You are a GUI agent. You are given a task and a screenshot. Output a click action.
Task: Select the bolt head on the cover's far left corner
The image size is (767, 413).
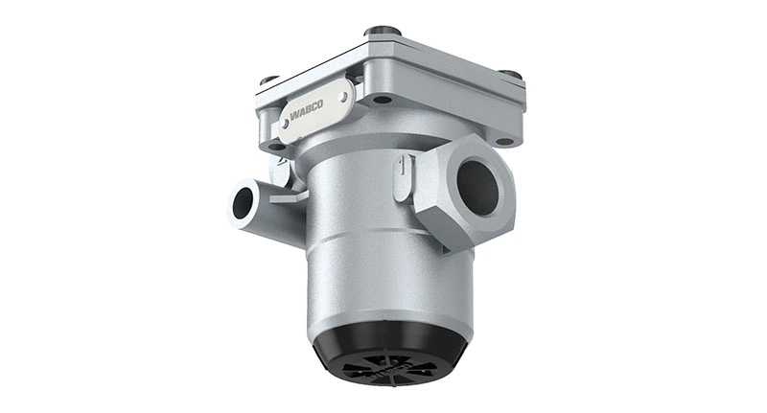269,80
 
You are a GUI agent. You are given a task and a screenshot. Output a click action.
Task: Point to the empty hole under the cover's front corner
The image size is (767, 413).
382,99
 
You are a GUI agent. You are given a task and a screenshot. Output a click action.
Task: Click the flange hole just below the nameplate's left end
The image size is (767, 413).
277,147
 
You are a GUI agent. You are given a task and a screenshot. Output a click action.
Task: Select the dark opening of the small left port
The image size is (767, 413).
243,202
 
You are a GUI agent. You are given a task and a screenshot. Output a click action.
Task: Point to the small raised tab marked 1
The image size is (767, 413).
400,176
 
